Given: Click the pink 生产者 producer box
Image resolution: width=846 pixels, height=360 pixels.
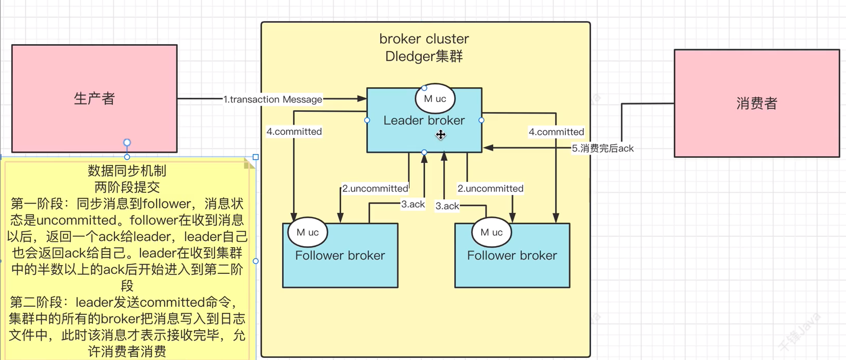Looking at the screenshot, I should (x=94, y=98).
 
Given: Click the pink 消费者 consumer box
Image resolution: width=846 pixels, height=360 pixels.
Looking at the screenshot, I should (x=757, y=104).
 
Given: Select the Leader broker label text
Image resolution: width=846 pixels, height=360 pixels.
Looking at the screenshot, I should (x=424, y=121).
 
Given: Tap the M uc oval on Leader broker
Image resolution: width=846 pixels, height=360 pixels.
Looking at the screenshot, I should (x=435, y=99).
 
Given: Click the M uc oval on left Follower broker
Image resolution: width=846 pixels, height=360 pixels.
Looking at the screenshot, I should (x=307, y=232).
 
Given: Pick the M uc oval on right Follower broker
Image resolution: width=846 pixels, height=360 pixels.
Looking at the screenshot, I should (x=491, y=232).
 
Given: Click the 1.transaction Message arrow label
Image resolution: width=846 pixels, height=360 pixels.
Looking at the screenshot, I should (x=272, y=99).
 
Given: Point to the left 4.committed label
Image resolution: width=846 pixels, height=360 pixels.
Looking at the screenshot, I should (x=294, y=132).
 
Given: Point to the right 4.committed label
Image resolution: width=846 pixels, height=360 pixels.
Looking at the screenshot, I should (x=556, y=132).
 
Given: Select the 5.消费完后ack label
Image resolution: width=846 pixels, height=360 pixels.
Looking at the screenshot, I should (x=602, y=149).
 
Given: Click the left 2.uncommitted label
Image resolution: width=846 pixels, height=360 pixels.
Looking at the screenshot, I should (x=375, y=189).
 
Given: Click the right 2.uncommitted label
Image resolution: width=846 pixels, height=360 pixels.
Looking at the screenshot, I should (x=490, y=189).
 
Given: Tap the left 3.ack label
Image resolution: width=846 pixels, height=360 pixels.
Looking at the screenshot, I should (x=412, y=205).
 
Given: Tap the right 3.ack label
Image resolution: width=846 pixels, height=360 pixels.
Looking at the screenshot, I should (x=447, y=206).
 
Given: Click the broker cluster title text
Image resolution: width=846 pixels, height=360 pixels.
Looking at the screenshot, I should (x=424, y=39).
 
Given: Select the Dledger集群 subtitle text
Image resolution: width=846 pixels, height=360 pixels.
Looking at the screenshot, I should (x=424, y=56).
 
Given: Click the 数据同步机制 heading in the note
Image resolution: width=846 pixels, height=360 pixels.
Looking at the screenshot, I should (x=127, y=171).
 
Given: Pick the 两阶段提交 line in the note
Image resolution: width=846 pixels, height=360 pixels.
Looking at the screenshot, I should (x=127, y=187).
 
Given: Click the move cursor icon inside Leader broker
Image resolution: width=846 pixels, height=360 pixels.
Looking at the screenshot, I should (x=441, y=135).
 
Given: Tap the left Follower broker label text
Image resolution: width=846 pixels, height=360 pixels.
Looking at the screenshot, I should (x=340, y=255).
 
